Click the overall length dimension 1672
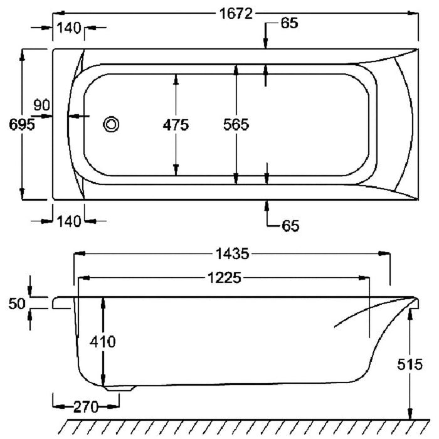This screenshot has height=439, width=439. coord(236,13)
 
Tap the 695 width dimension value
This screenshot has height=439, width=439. coord(22,124)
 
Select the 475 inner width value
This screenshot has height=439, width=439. coord(176,125)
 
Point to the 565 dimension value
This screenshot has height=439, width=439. coord(236,125)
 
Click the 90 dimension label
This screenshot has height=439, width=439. coord(42,105)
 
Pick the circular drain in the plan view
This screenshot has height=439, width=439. coord(111,124)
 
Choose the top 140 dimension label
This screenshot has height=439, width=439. coord(69,28)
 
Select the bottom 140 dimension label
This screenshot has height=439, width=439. coord(69,221)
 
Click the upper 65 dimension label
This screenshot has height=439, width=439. coord(290,23)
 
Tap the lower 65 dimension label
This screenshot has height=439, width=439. coord(290,226)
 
